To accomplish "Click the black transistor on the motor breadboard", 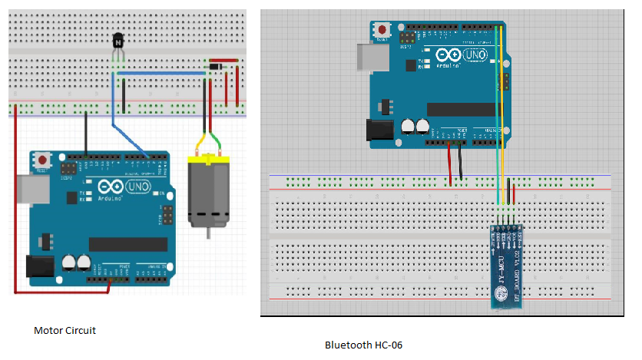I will tap(117, 41).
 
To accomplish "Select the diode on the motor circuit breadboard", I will tap(216, 68).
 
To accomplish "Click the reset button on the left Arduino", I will tap(44, 160).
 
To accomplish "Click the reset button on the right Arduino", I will tap(381, 30).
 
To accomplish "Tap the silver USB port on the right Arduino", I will tap(366, 55).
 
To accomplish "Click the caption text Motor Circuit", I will tap(65, 331).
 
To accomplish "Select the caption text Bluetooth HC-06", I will tap(363, 345).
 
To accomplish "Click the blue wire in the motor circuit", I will tap(114, 100).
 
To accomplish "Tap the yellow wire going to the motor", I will tap(201, 142).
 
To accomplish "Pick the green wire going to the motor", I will tap(218, 142).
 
